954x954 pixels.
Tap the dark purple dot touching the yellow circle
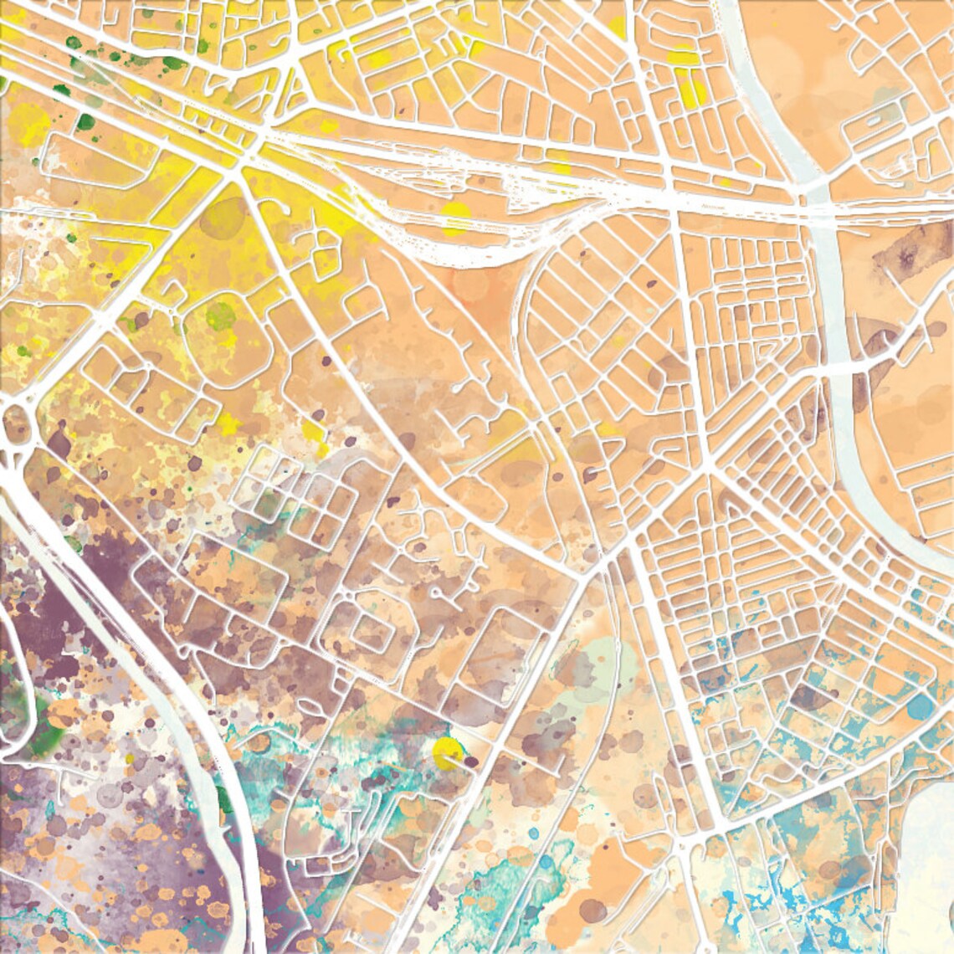click(471, 762)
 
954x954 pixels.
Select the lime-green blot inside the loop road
click(221, 315)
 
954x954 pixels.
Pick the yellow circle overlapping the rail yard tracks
click(456, 216)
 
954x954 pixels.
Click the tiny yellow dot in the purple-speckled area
click(130, 759)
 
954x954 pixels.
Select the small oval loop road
click(874, 121)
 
